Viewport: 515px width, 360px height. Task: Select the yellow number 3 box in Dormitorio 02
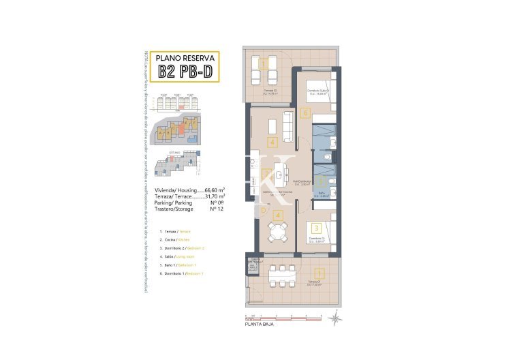pyautogui.click(x=316, y=228)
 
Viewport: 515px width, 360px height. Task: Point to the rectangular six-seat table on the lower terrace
pyautogui.click(x=281, y=276)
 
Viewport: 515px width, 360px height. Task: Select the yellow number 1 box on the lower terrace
pyautogui.click(x=322, y=275)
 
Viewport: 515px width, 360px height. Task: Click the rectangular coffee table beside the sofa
pyautogui.click(x=272, y=126)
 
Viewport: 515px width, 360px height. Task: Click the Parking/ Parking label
pyautogui.click(x=172, y=202)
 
